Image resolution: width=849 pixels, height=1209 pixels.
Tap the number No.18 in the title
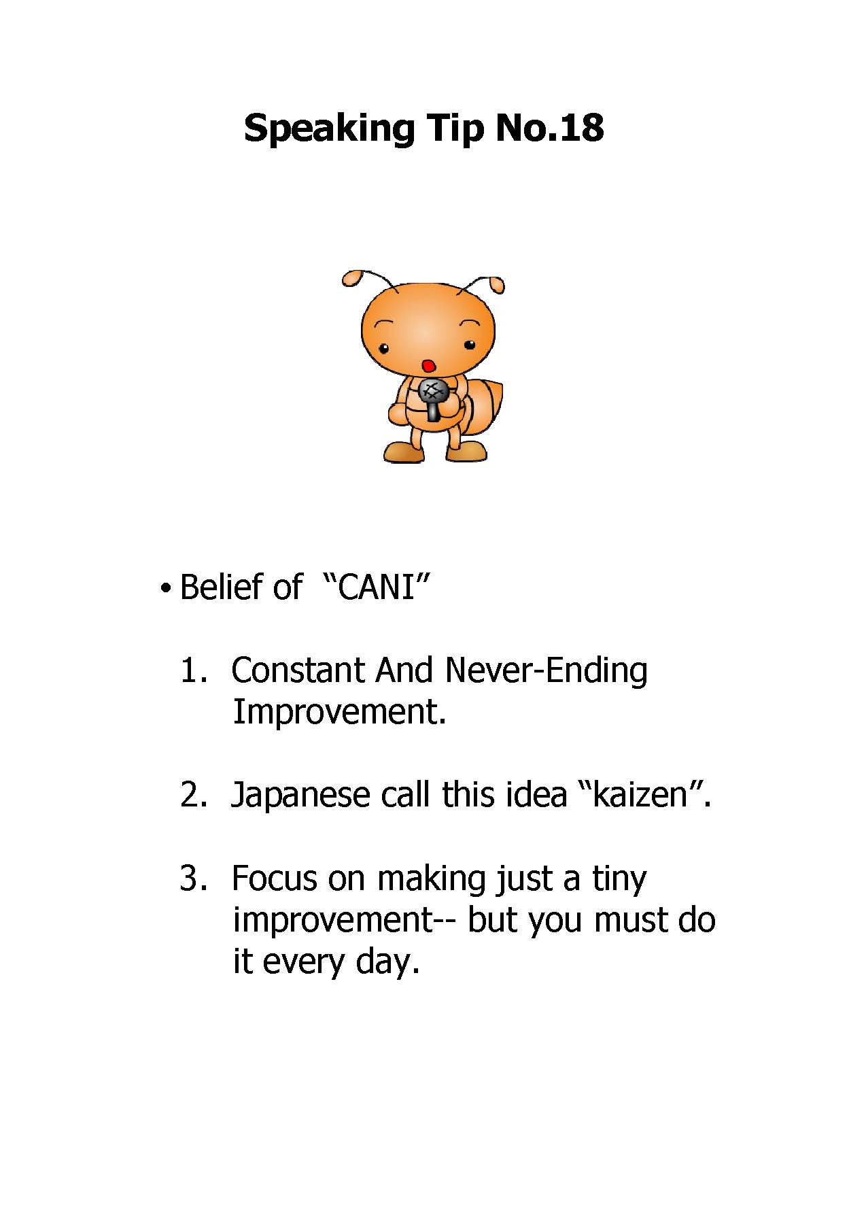[549, 127]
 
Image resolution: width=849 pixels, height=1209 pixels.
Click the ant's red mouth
[428, 366]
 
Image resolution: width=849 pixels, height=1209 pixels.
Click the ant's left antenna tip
[351, 278]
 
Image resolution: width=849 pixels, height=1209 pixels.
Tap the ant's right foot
[466, 452]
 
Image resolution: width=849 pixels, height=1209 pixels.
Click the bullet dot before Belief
[164, 588]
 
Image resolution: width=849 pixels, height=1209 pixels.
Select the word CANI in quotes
[376, 586]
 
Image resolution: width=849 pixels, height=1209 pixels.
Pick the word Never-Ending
[546, 672]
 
